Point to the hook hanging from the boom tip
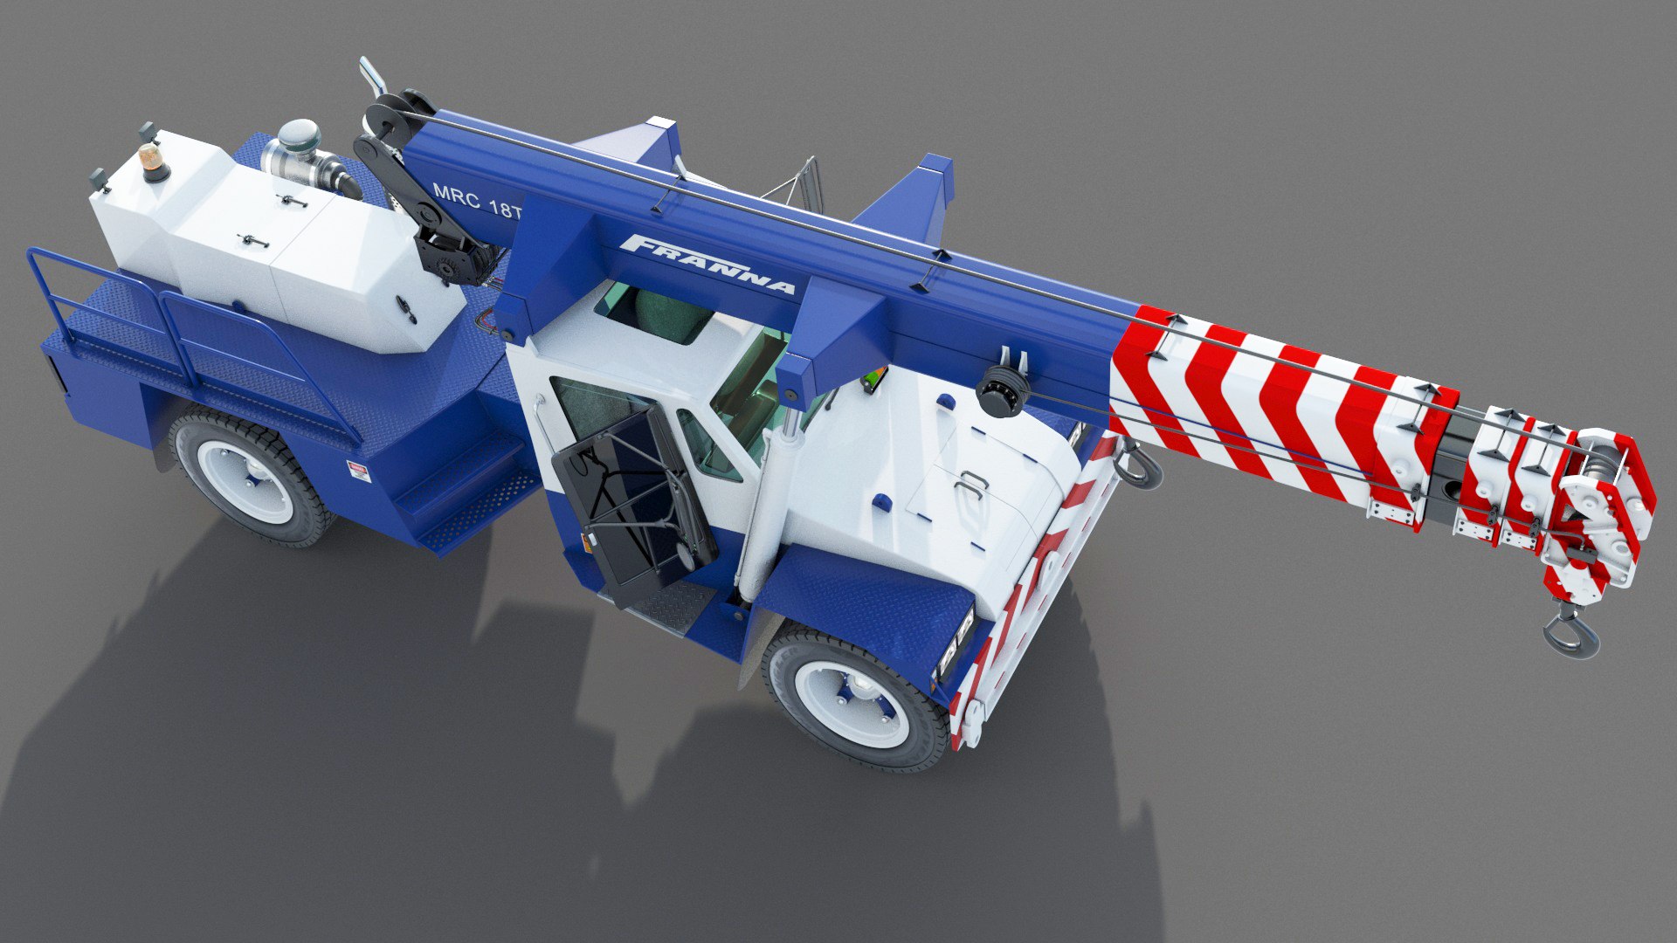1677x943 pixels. coord(1571,633)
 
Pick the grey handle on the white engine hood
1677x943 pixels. coord(970,485)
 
